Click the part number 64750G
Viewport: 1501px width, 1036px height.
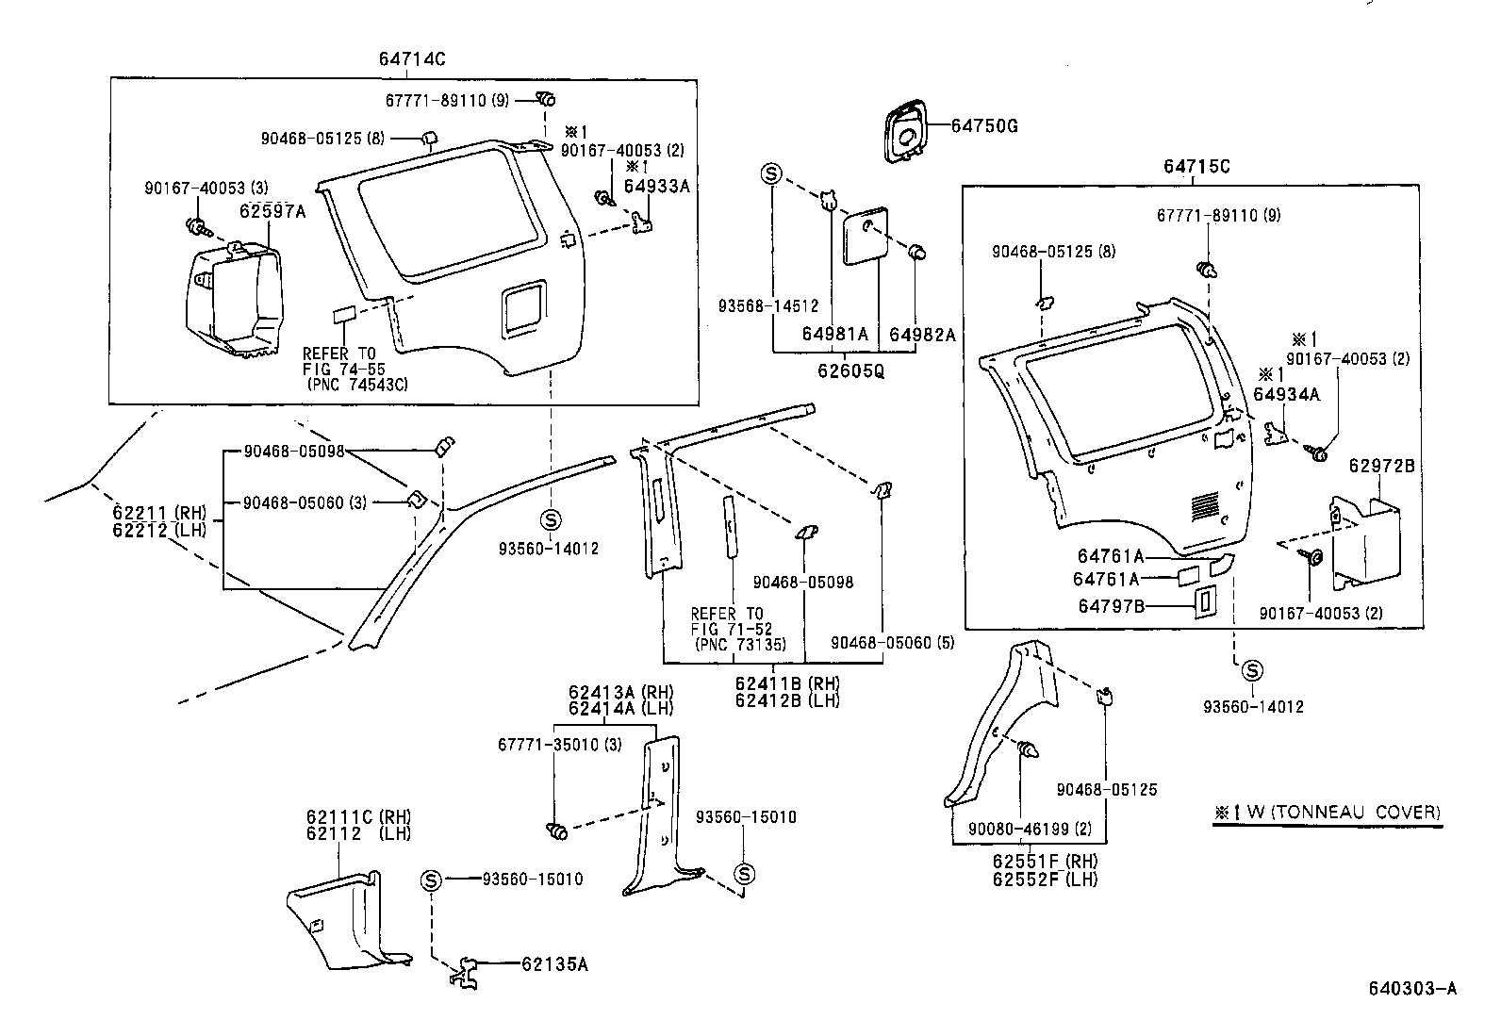[x=983, y=125]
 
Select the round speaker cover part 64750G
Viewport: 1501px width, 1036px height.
[x=903, y=134]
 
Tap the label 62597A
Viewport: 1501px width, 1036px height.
[x=272, y=211]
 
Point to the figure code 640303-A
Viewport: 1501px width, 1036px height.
[x=1411, y=988]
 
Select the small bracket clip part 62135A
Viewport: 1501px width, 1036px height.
[x=465, y=972]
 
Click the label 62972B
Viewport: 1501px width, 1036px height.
[x=1381, y=466]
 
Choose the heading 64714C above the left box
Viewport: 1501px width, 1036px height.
[x=411, y=58]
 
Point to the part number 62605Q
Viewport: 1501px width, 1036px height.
[x=850, y=370]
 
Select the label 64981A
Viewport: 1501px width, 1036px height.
[x=834, y=334]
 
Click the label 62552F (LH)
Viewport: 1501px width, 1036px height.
[x=1045, y=879]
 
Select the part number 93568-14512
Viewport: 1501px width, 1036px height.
[x=767, y=305]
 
